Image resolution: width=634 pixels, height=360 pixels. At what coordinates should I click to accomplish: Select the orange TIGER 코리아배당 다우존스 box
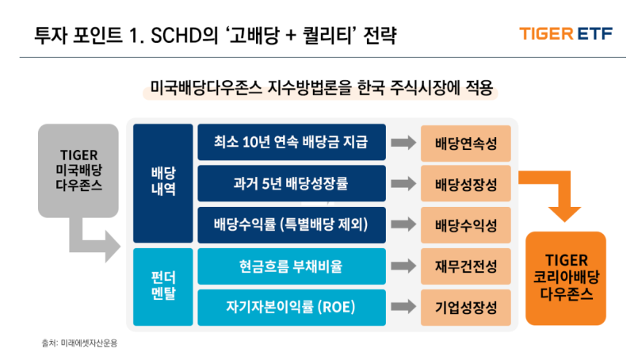click(x=566, y=277)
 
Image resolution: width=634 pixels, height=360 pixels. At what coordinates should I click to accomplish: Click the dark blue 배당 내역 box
click(x=162, y=183)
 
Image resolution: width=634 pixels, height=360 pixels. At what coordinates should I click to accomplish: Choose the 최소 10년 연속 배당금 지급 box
click(x=291, y=143)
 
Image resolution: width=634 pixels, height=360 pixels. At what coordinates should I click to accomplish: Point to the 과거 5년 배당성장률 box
click(x=291, y=183)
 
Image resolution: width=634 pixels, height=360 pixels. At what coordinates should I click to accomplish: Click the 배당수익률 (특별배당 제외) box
click(x=291, y=224)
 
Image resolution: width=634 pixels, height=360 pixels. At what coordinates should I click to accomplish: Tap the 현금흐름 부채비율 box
click(x=291, y=266)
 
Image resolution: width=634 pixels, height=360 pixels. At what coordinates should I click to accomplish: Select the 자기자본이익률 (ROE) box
click(x=291, y=307)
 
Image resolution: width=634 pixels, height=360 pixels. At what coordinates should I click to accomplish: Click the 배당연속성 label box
click(x=466, y=144)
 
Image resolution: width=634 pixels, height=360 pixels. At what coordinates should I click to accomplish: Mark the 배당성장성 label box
click(x=466, y=184)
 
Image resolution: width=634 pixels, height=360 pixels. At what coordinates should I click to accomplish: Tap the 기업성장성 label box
click(x=466, y=307)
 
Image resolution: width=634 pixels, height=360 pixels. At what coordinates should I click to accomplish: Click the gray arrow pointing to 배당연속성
click(x=403, y=143)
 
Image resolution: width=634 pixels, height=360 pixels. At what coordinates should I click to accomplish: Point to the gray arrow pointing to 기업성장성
click(x=403, y=307)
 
